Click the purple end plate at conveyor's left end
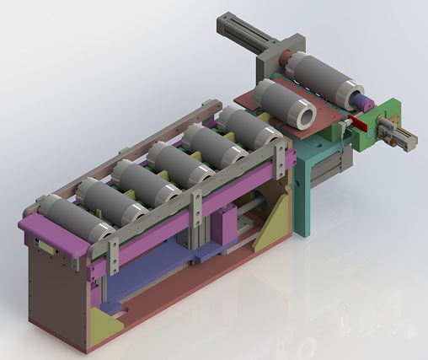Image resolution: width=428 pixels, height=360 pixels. coord(51,236)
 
